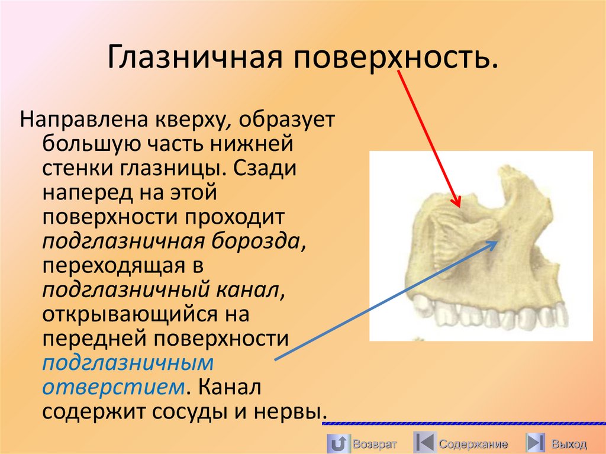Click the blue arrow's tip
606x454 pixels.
click(496, 241)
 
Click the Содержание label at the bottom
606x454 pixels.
click(473, 443)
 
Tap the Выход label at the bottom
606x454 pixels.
click(569, 443)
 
